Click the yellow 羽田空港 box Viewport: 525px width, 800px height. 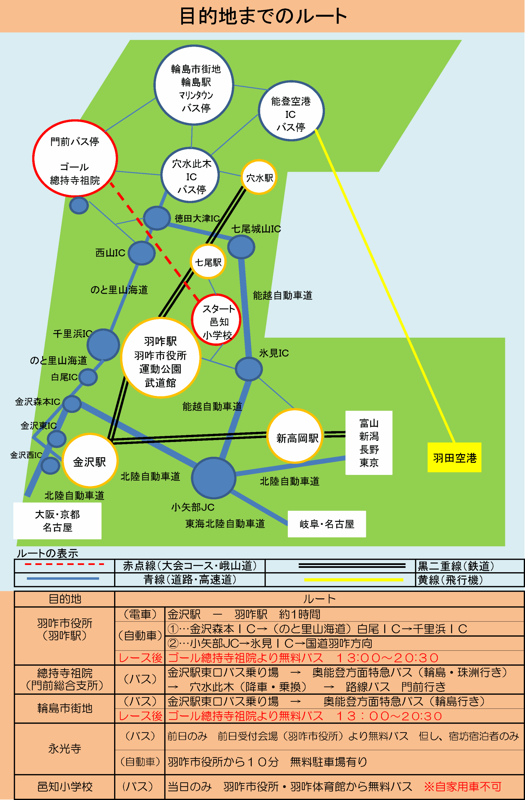point(454,458)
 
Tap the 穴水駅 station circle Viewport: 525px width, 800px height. point(259,177)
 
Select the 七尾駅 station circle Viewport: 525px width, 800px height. point(208,262)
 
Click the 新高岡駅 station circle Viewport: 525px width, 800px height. point(295,436)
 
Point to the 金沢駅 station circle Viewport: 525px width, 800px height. point(90,461)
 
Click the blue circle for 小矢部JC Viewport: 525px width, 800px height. point(213,478)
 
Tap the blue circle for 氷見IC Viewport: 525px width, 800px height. point(249,369)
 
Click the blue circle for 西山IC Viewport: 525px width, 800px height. point(142,253)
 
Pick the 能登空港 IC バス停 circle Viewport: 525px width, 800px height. point(291,111)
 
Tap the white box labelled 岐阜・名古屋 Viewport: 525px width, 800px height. point(327,524)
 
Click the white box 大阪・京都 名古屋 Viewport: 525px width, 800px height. point(57,520)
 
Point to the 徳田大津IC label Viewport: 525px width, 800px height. point(197,218)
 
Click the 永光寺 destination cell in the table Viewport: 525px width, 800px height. point(64,749)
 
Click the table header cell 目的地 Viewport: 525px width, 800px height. point(64,599)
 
